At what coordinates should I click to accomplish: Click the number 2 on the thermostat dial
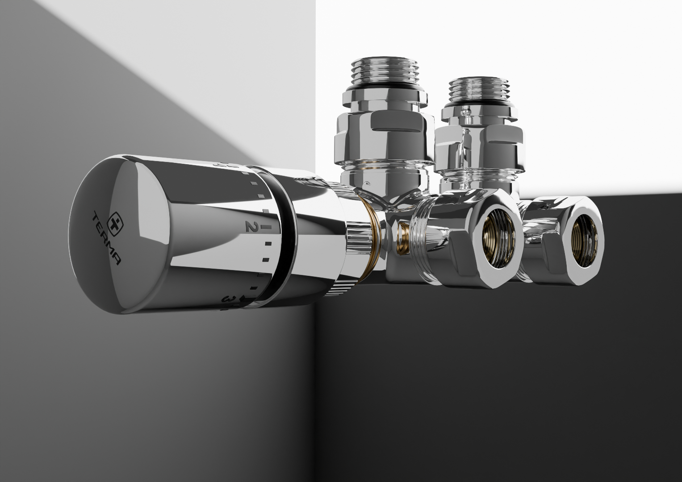(x=250, y=226)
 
